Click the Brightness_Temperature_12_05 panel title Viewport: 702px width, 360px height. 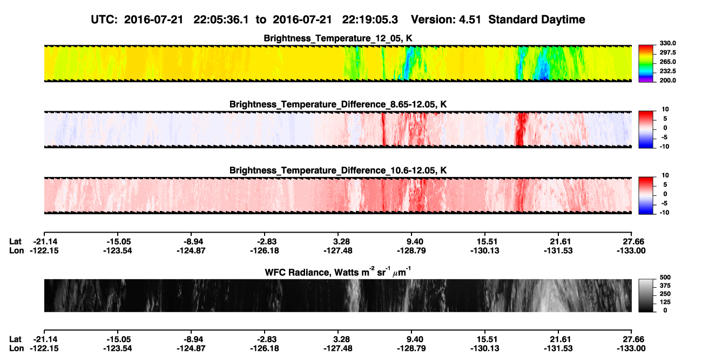click(338, 38)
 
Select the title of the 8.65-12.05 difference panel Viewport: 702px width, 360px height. click(338, 104)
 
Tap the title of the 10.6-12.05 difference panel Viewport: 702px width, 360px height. click(338, 171)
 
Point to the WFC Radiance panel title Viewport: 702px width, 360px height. click(338, 271)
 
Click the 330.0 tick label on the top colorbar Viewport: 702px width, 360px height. click(667, 43)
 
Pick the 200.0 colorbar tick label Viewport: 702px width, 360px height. click(667, 80)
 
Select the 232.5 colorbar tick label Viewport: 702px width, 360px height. click(667, 71)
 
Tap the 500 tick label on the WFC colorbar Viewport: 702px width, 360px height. click(665, 277)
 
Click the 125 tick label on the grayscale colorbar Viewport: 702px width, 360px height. click(665, 302)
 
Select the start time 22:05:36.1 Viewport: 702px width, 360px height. click(221, 19)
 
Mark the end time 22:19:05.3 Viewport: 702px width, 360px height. click(370, 19)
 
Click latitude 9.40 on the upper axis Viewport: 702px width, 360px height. click(415, 242)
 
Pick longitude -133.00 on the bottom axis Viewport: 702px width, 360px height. click(631, 349)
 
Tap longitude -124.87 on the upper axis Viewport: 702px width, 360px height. click(191, 251)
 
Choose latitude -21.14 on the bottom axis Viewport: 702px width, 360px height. click(44, 339)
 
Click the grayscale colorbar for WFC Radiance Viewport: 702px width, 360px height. click(646, 295)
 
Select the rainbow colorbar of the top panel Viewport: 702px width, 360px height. click(646, 64)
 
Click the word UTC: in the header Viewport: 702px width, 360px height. click(104, 19)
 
